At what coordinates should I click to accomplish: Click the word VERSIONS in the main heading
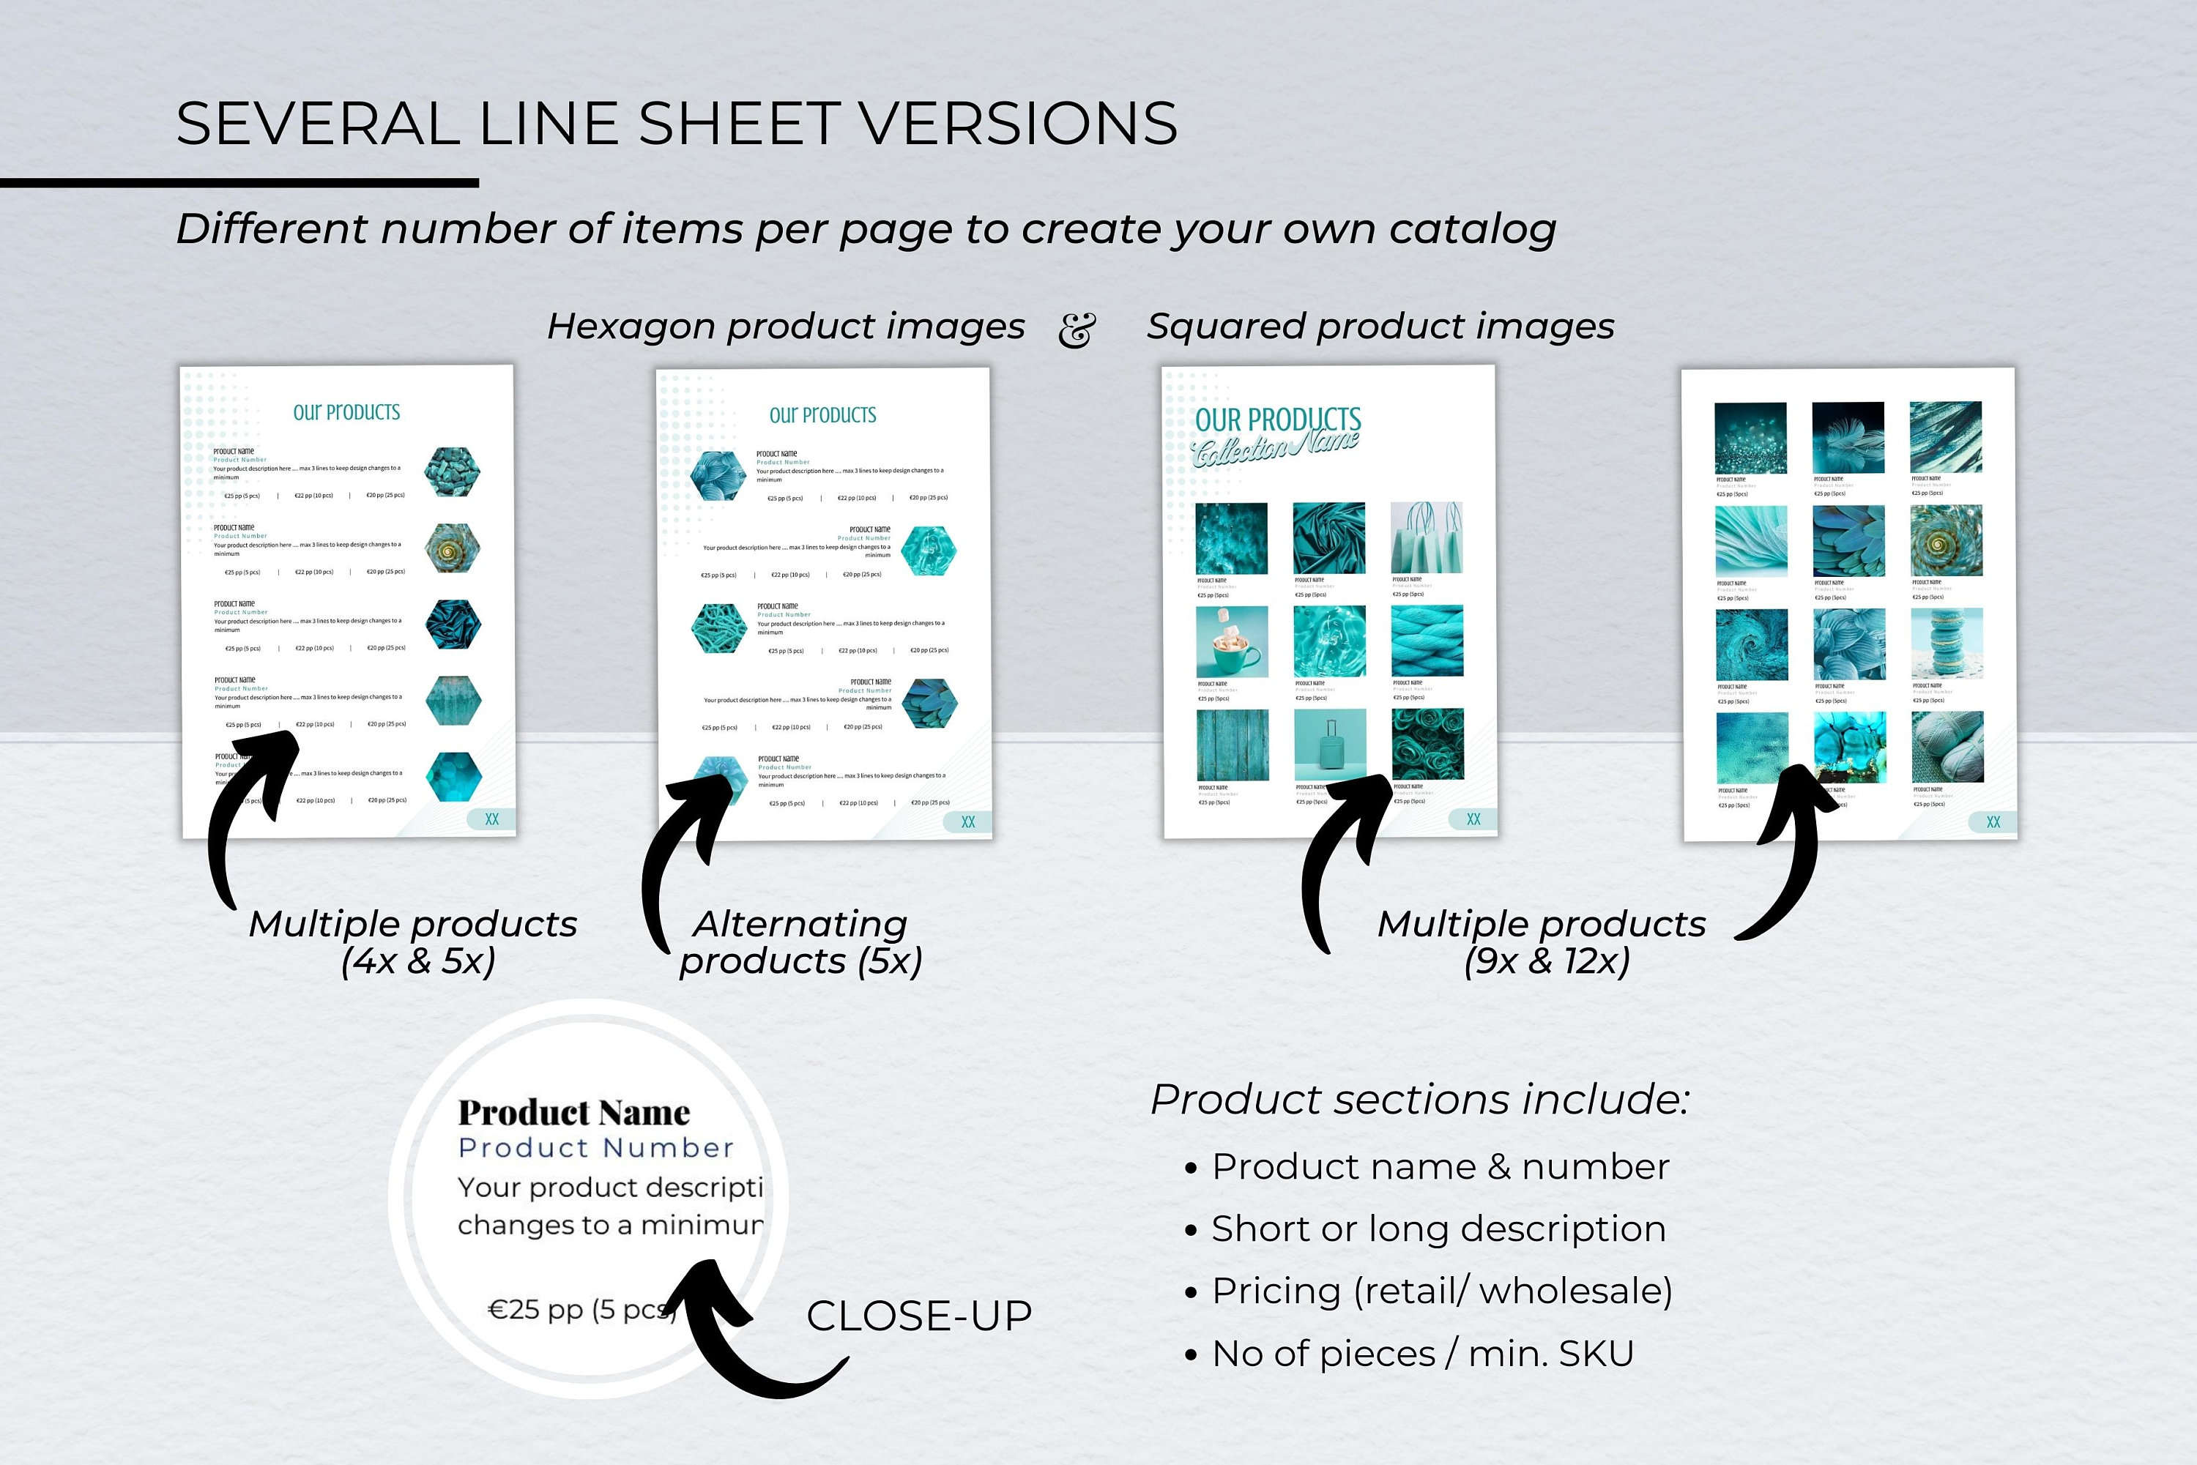[1016, 124]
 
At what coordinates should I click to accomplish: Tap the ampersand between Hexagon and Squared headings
[1076, 329]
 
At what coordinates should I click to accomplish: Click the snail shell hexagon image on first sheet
[453, 548]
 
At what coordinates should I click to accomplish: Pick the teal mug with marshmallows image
[1232, 642]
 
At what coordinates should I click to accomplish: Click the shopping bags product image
[1426, 537]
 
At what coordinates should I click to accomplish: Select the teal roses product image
[1427, 744]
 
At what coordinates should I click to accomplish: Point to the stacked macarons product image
[1947, 644]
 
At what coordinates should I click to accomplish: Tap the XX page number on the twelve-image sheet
[1993, 822]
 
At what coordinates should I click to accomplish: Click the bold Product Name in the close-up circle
[573, 1113]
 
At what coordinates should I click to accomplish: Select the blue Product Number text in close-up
[595, 1148]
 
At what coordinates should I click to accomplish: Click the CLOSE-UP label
[918, 1316]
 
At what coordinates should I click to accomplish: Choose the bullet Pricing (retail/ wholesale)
[1441, 1291]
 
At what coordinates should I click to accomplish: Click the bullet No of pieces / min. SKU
[1421, 1354]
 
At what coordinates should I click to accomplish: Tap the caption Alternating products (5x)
[800, 943]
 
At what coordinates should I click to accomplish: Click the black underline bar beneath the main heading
[239, 183]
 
